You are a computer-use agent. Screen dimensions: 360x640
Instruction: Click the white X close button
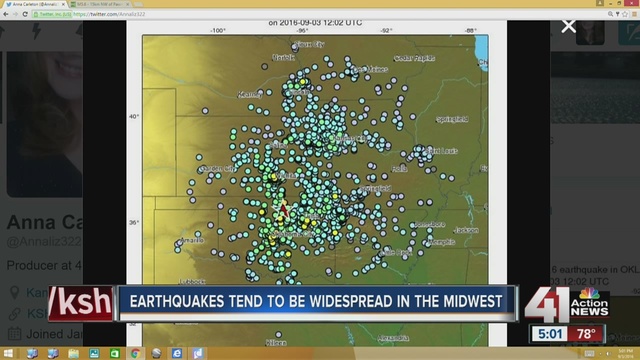(x=569, y=25)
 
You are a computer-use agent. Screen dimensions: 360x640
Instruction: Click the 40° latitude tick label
(x=134, y=116)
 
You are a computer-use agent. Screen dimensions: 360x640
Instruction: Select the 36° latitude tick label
(x=134, y=223)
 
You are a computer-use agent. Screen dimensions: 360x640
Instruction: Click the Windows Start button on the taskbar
(x=9, y=353)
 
